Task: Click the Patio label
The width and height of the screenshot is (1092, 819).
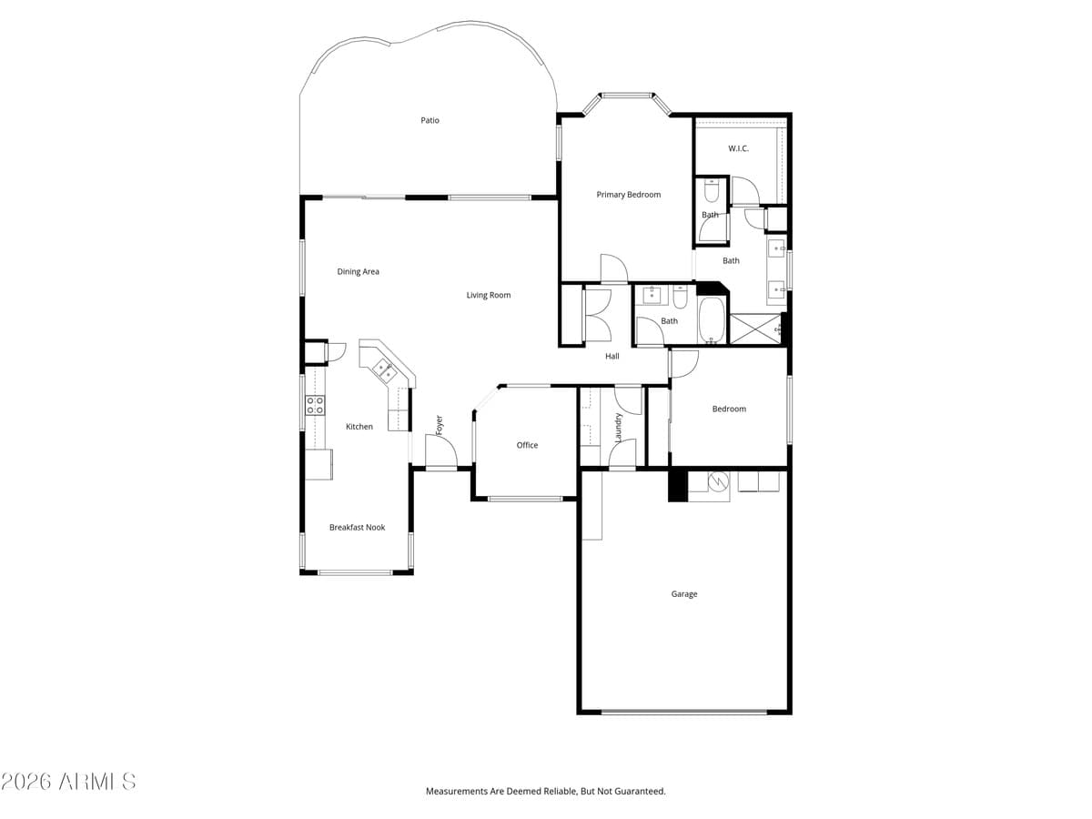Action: click(x=430, y=120)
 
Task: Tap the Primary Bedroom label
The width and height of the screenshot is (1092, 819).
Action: click(x=628, y=195)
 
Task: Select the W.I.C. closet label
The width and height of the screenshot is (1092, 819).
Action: click(x=738, y=148)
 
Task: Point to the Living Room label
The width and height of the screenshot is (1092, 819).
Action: click(x=489, y=295)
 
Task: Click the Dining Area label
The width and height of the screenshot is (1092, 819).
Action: click(x=358, y=271)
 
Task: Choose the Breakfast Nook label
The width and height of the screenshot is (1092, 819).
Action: click(x=357, y=527)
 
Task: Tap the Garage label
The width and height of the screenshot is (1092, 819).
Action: click(x=684, y=594)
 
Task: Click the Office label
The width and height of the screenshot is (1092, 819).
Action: click(x=527, y=445)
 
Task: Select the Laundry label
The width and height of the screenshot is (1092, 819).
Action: click(x=618, y=428)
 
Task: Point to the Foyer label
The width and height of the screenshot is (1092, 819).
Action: click(x=439, y=424)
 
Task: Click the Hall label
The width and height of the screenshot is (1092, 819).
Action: click(x=612, y=356)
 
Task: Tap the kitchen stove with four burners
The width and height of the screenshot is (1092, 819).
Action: click(x=315, y=405)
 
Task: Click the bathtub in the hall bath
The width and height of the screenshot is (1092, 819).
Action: click(x=711, y=321)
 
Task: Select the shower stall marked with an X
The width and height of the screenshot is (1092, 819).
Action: click(x=755, y=329)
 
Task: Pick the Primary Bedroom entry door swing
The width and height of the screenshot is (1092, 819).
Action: click(x=613, y=269)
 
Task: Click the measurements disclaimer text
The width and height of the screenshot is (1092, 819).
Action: click(x=546, y=791)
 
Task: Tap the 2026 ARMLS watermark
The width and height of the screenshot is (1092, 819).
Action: click(x=68, y=781)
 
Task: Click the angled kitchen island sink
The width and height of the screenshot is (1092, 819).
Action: click(x=383, y=369)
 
